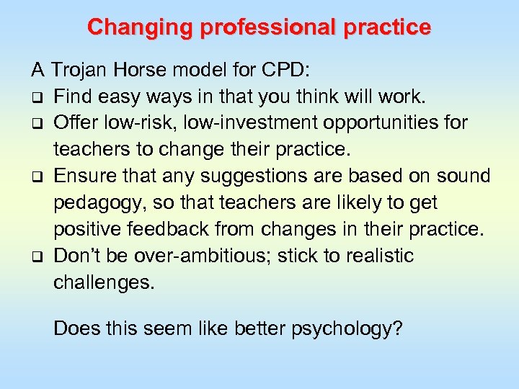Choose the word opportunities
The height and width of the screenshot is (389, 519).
pyautogui.click(x=382, y=122)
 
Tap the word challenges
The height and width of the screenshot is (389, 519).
pyautogui.click(x=104, y=282)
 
